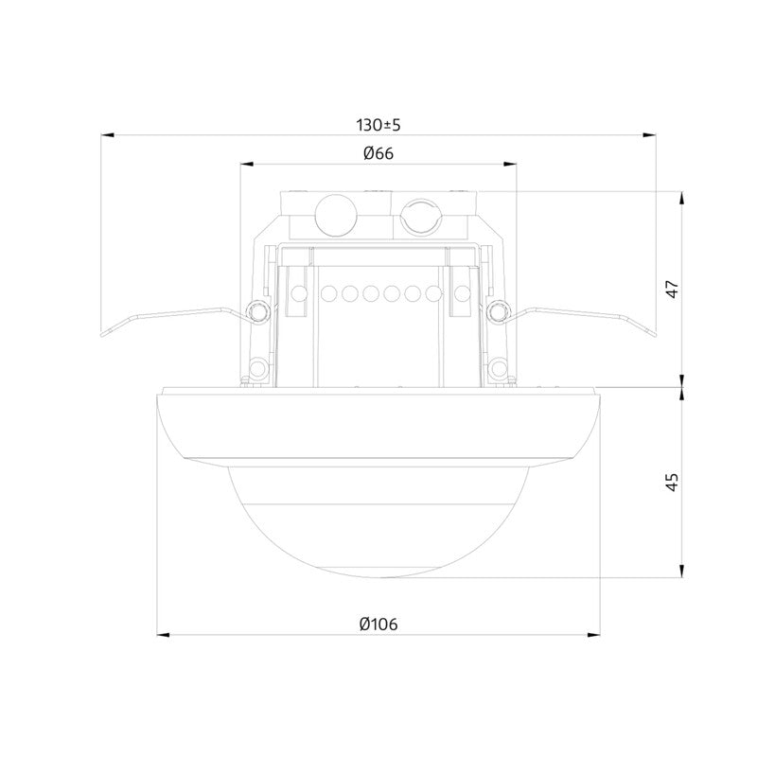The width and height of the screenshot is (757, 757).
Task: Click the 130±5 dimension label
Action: (x=378, y=125)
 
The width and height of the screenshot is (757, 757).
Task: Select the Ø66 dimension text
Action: (x=378, y=153)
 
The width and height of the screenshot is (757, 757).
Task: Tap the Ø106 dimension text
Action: (x=378, y=625)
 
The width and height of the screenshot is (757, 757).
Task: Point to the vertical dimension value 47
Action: (x=673, y=289)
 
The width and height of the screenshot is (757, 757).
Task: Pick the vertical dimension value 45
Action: (x=673, y=482)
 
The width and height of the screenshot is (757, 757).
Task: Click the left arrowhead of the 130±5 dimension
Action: (x=107, y=135)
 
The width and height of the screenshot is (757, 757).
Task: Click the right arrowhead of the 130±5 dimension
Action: (x=649, y=135)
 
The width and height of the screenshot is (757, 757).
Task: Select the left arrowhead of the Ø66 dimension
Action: (x=247, y=164)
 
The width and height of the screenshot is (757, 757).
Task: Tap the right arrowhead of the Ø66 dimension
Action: (x=510, y=164)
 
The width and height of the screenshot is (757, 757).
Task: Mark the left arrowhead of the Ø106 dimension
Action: (x=164, y=635)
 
